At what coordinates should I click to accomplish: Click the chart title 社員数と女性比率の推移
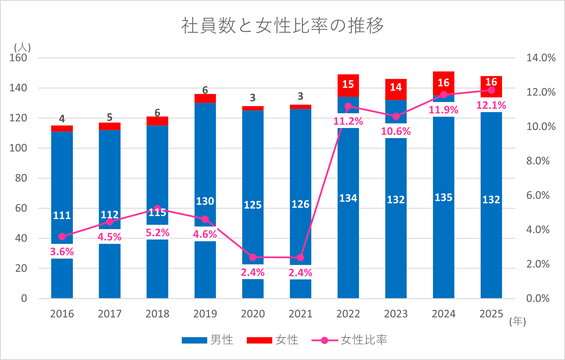pyautogui.click(x=282, y=25)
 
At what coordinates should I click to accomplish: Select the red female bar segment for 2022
pyautogui.click(x=348, y=86)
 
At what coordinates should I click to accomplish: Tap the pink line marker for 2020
pyautogui.click(x=253, y=257)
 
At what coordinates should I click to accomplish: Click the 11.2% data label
pyautogui.click(x=348, y=121)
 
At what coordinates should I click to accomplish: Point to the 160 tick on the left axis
pyautogui.click(x=18, y=58)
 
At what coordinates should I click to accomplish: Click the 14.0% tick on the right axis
pyautogui.click(x=541, y=58)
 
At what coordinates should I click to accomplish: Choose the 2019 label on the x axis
pyautogui.click(x=205, y=314)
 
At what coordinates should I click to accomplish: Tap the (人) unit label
pyautogui.click(x=22, y=47)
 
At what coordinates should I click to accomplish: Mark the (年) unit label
pyautogui.click(x=517, y=321)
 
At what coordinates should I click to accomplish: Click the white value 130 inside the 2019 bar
pyautogui.click(x=205, y=201)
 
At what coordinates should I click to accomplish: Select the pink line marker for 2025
pyautogui.click(x=491, y=90)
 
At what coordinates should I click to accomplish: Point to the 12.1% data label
pyautogui.click(x=491, y=105)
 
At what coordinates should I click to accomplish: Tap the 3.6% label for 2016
pyautogui.click(x=62, y=252)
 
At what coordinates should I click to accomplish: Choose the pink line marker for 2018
pyautogui.click(x=157, y=209)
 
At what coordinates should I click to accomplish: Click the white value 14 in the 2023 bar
pyautogui.click(x=396, y=87)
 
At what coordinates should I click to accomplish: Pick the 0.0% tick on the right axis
pyautogui.click(x=538, y=298)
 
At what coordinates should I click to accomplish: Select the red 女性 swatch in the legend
pyautogui.click(x=259, y=340)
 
